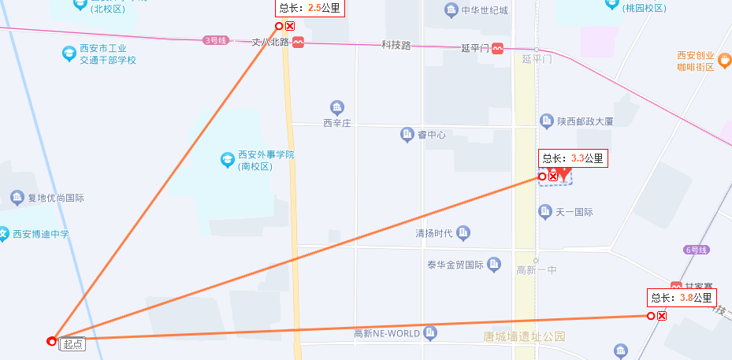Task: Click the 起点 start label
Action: (72, 343)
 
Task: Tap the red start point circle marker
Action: (51, 341)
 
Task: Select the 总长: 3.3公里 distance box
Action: (573, 158)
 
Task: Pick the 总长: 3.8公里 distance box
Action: (682, 298)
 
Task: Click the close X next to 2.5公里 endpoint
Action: (290, 26)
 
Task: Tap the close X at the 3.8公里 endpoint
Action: (662, 316)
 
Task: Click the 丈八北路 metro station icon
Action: (298, 43)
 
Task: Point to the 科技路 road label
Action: (396, 46)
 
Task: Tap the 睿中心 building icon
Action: (407, 135)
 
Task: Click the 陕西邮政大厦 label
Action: (585, 121)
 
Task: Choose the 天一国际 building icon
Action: (544, 212)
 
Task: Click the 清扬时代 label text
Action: (434, 233)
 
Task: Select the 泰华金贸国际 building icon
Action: (494, 263)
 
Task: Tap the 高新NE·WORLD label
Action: (387, 333)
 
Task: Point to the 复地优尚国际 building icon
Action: (17, 198)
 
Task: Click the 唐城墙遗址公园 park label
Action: (524, 336)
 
